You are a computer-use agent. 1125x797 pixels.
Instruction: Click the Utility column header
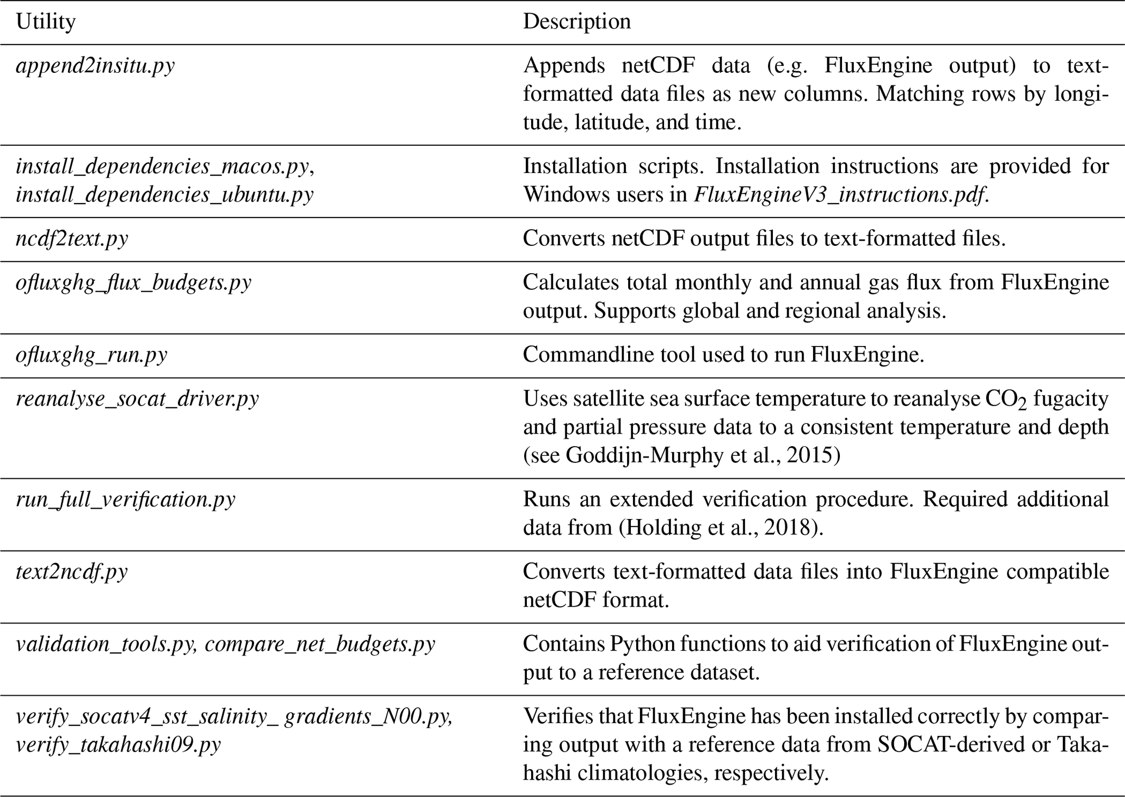pos(46,22)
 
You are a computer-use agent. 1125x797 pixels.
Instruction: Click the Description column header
pos(577,22)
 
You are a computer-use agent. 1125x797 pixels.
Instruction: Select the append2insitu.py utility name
pos(95,66)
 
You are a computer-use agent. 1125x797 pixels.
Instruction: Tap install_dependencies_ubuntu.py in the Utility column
pos(164,194)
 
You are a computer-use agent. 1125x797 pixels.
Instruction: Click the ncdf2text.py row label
pos(72,238)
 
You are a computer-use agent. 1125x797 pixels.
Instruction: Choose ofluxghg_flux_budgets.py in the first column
pos(133,282)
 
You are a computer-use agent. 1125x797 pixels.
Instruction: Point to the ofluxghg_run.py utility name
pos(91,355)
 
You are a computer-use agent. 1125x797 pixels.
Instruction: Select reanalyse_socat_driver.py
pos(137,399)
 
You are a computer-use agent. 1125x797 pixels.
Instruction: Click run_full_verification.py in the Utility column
pos(126,499)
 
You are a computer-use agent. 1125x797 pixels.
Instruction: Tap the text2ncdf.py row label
pos(72,571)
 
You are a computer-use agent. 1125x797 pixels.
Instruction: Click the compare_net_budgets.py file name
pos(320,644)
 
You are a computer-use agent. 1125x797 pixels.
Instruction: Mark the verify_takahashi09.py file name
pos(118,744)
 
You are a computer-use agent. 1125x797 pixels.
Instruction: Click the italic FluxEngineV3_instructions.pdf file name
pos(839,194)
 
